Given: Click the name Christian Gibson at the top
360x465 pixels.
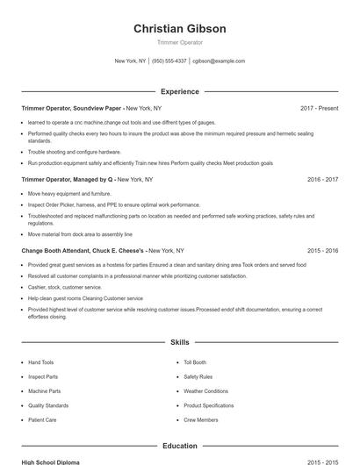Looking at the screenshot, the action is tap(179, 28).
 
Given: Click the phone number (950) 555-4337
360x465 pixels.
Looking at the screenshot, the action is tap(169, 61).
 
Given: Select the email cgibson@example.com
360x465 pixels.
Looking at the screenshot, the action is tap(219, 61).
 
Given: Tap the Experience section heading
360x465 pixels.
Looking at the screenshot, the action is tap(179, 91).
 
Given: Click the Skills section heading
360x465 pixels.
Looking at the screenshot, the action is tap(179, 342).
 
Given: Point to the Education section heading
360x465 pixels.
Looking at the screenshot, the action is tap(179, 446).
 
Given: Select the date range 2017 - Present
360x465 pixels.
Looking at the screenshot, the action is tap(319, 108).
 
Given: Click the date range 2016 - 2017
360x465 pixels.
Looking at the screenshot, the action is tap(322, 179).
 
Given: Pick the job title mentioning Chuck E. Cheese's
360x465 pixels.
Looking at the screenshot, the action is tap(83, 250).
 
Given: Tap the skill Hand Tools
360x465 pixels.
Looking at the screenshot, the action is tap(40, 362).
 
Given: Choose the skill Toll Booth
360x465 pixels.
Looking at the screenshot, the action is tap(195, 362).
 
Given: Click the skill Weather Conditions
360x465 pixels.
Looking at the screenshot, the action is tap(205, 391).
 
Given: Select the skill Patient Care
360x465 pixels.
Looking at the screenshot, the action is tap(42, 420).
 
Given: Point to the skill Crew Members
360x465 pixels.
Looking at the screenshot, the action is tap(201, 420).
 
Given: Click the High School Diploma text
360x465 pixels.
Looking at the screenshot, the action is tap(51, 461).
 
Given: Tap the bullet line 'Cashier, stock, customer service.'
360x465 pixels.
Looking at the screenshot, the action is tap(65, 287).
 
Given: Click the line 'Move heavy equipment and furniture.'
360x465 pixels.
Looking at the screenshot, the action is tap(69, 193).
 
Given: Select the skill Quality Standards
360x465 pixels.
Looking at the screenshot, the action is tap(47, 405).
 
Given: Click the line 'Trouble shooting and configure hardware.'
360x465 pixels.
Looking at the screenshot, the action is tap(75, 152).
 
